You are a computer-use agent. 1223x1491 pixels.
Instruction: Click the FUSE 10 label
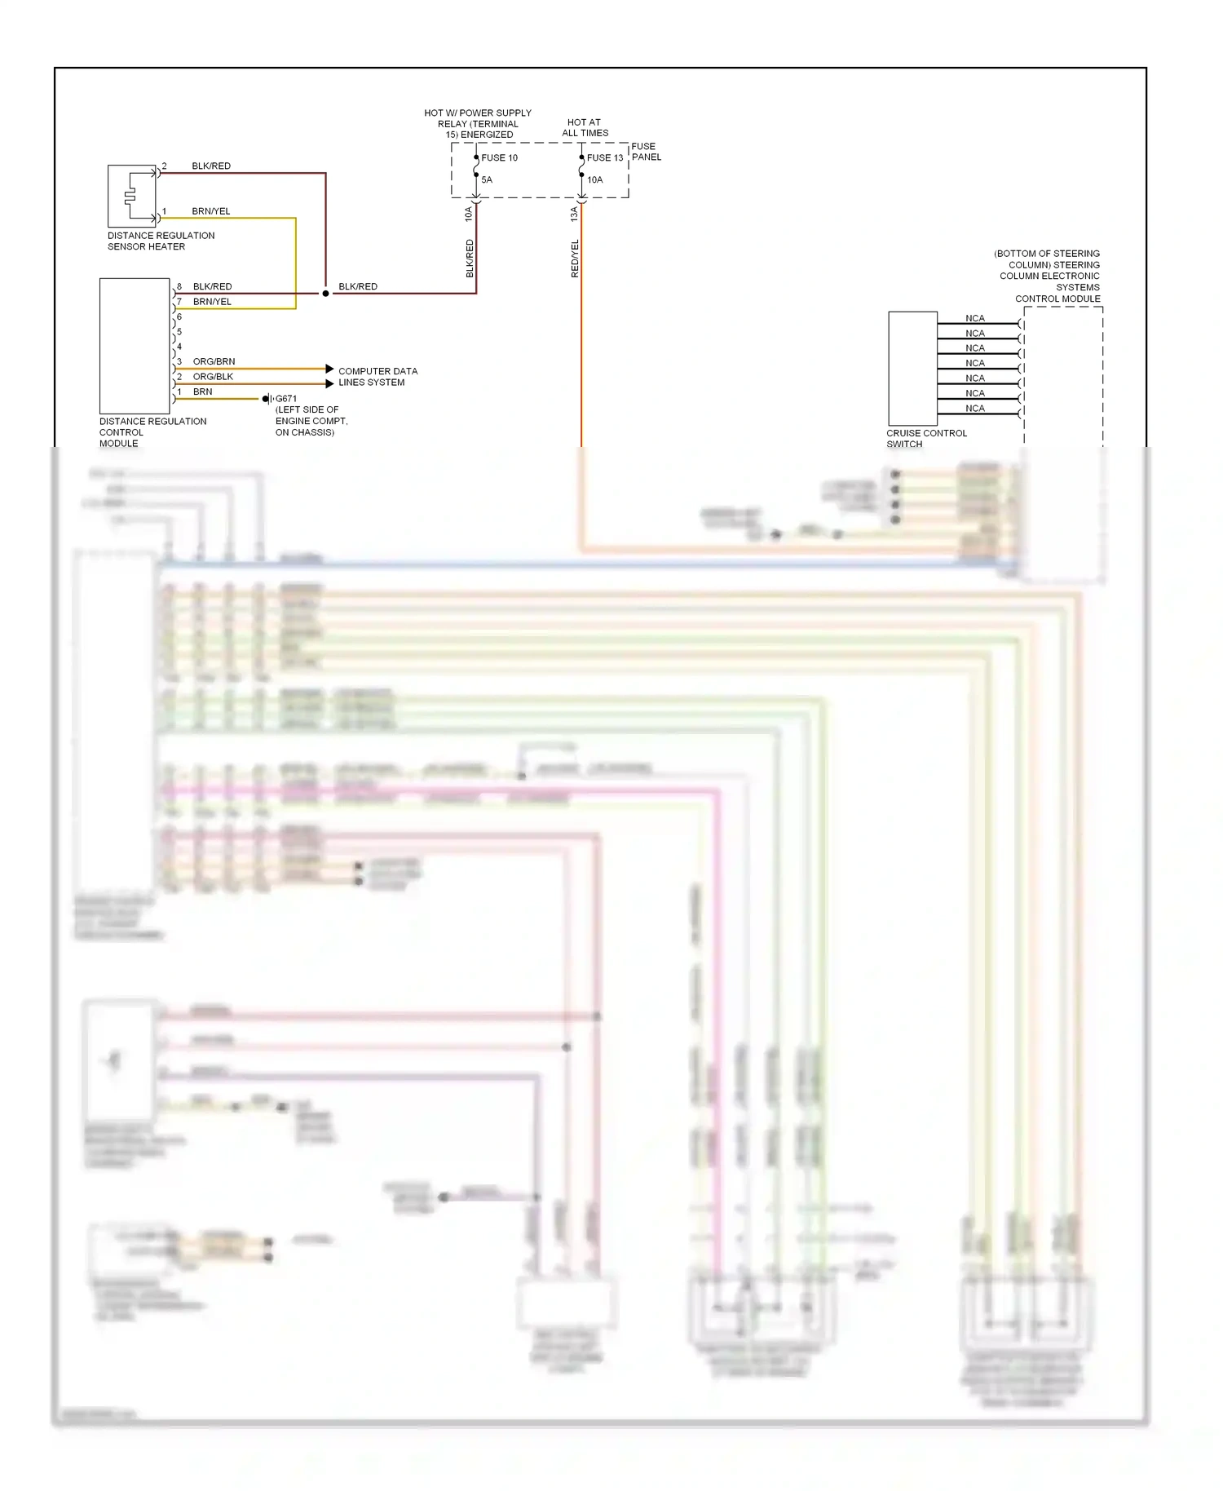pyautogui.click(x=499, y=157)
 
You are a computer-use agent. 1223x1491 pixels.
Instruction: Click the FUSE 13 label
pyautogui.click(x=604, y=157)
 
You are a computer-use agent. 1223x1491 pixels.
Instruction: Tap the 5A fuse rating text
pyautogui.click(x=487, y=179)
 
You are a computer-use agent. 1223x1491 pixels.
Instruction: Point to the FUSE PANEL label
pyautogui.click(x=646, y=152)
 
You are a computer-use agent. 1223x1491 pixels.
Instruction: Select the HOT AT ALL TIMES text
pyautogui.click(x=585, y=127)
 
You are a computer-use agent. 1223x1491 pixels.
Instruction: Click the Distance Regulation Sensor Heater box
pyautogui.click(x=131, y=196)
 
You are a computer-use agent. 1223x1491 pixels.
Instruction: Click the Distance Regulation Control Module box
pyautogui.click(x=134, y=346)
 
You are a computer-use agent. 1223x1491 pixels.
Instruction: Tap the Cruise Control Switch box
pyautogui.click(x=912, y=368)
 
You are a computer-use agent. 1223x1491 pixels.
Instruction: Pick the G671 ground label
pyautogui.click(x=286, y=399)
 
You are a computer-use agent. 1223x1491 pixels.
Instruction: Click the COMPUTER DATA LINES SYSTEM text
pyautogui.click(x=377, y=376)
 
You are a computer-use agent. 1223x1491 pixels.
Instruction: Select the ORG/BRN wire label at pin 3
pyautogui.click(x=214, y=361)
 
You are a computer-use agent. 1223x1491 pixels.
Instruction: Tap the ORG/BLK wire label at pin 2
pyautogui.click(x=213, y=376)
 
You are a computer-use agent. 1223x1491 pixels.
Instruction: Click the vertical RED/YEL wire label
pyautogui.click(x=575, y=258)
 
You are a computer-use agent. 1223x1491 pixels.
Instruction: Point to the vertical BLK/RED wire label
pyautogui.click(x=470, y=258)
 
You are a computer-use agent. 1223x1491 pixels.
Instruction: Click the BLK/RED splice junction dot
pyautogui.click(x=325, y=293)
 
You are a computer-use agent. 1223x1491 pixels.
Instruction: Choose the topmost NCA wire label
pyautogui.click(x=974, y=318)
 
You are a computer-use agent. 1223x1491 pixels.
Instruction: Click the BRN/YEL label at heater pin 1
pyautogui.click(x=210, y=211)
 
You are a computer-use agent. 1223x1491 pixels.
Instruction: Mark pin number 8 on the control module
pyautogui.click(x=179, y=286)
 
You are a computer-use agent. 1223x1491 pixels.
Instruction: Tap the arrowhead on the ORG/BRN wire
pyautogui.click(x=329, y=369)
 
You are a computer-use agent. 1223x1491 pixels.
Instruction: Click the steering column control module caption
pyautogui.click(x=1049, y=276)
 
